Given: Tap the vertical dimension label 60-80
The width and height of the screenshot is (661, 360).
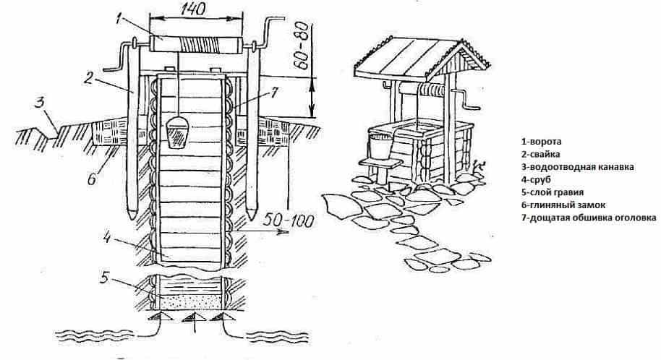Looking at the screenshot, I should point(304,40).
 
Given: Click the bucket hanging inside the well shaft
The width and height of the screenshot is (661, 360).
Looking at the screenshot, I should point(176,134).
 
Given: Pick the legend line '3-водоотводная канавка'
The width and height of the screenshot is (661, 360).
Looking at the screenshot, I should point(577,167).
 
